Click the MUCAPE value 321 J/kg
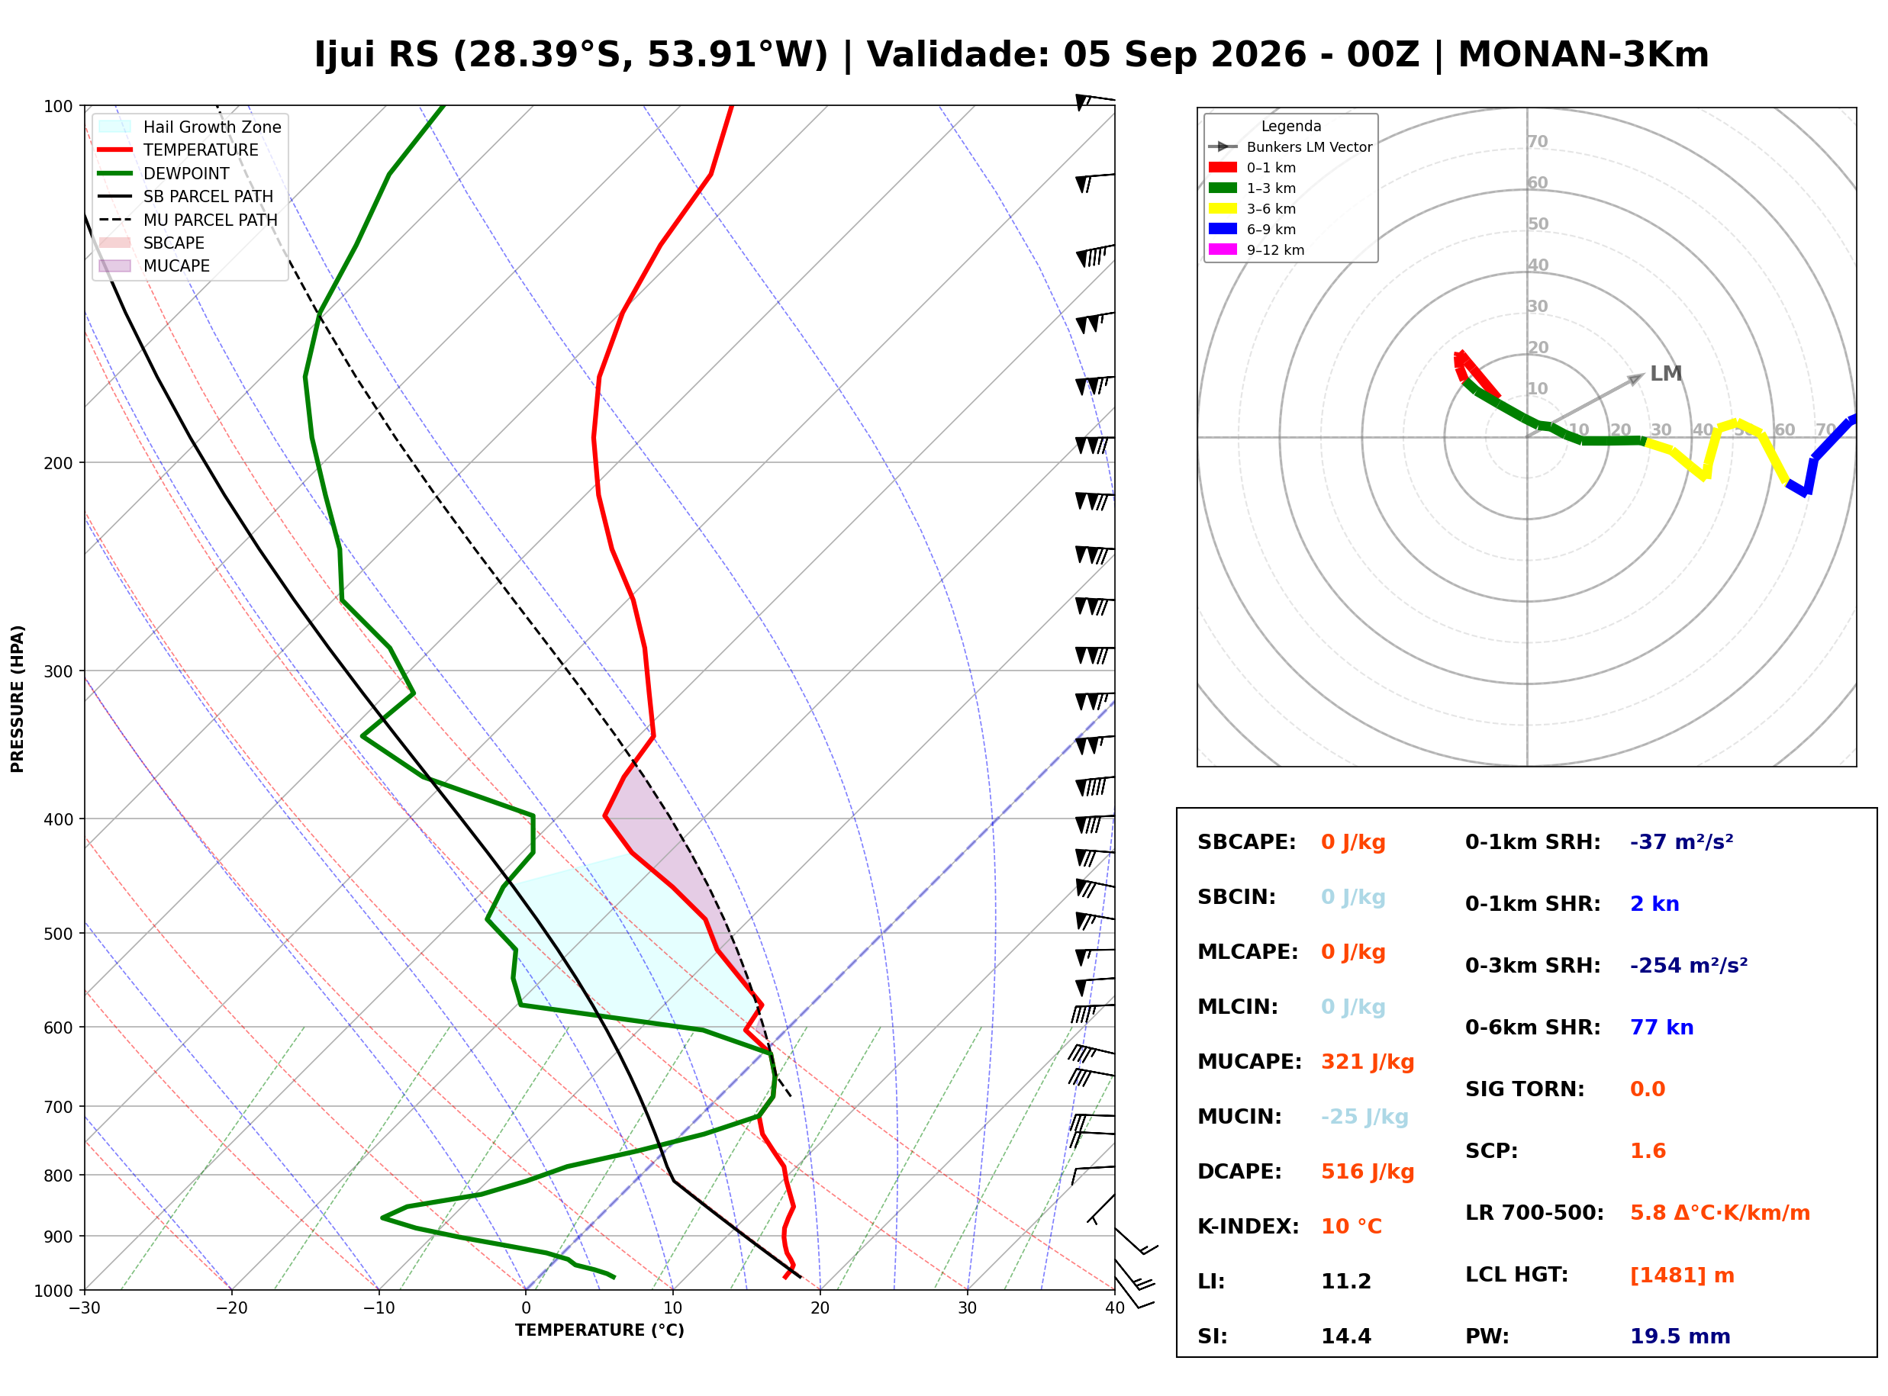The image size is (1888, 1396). [x=1367, y=1061]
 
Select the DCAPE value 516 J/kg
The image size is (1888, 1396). [x=1367, y=1171]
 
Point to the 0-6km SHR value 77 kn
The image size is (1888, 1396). [x=1661, y=1027]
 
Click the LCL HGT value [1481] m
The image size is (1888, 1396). [x=1681, y=1275]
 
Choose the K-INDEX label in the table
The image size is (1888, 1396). [x=1248, y=1226]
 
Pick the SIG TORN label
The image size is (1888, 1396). [x=1524, y=1089]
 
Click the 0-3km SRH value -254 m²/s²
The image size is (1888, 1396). [x=1688, y=965]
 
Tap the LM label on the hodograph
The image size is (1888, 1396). [x=1665, y=374]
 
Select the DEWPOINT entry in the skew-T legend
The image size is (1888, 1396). [x=186, y=173]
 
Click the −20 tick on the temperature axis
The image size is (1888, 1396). [x=231, y=1308]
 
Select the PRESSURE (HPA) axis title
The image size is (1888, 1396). [x=18, y=698]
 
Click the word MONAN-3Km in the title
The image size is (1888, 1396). [x=1583, y=55]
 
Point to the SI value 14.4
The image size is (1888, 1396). [x=1346, y=1336]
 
